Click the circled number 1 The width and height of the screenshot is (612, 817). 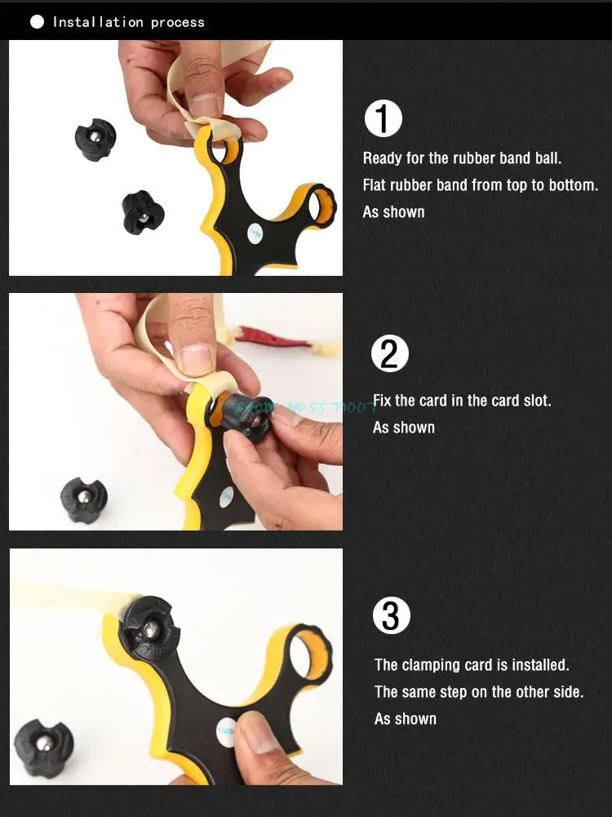pos(383,119)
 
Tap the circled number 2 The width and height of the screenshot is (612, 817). pos(389,354)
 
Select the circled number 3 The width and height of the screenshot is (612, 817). pos(391,615)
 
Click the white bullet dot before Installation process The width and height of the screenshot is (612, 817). pos(37,22)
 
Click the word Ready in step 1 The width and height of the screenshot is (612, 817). pos(383,158)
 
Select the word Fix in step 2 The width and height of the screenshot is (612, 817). pos(383,401)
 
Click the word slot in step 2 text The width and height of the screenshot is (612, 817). pos(534,401)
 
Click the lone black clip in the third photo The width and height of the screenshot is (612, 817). pos(43,747)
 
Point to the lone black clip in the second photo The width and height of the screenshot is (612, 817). pos(84,500)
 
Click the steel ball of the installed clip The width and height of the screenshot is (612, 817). pos(151,629)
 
